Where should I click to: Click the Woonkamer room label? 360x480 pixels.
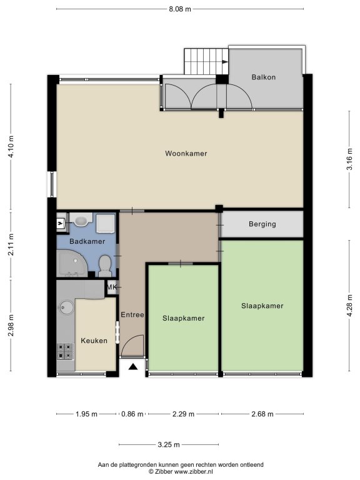(x=186, y=153)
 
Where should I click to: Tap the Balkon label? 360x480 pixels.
(x=264, y=77)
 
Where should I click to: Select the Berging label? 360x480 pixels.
(x=262, y=224)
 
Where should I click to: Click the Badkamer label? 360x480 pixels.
(x=87, y=241)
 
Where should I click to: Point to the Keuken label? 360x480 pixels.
(x=94, y=341)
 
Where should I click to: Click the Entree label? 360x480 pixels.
(x=132, y=315)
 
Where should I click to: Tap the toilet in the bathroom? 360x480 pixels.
(x=105, y=266)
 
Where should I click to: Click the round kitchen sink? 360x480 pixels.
(x=66, y=307)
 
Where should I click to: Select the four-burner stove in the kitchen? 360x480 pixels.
(x=66, y=351)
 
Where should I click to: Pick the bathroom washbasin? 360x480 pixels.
(x=81, y=220)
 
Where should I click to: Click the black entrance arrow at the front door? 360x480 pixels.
(x=132, y=367)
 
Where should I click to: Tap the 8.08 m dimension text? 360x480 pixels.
(x=180, y=9)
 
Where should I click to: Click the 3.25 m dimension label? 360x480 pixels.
(x=169, y=444)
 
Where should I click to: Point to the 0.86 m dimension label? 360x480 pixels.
(x=132, y=414)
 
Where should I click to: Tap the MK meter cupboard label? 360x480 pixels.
(x=112, y=287)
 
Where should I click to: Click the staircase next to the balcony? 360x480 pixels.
(x=206, y=61)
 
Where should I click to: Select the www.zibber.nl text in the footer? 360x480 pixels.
(x=194, y=472)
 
